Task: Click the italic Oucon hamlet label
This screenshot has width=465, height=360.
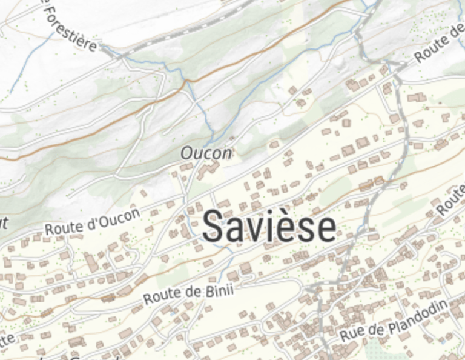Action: point(206,153)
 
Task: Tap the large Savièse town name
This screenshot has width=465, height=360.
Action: point(269,227)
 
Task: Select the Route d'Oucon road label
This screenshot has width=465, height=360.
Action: point(93,222)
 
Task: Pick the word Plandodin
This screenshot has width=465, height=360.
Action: point(417,316)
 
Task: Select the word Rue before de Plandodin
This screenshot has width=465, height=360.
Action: point(350,334)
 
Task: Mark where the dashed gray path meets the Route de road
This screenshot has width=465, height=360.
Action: point(397,65)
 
